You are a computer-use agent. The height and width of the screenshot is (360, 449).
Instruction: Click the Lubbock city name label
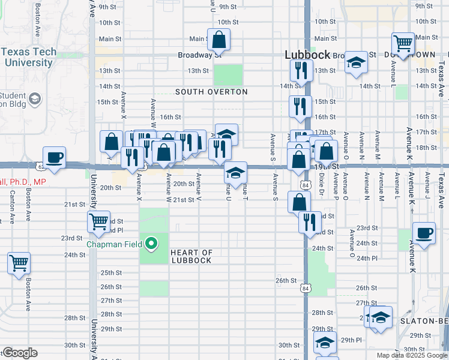pyautogui.click(x=307, y=55)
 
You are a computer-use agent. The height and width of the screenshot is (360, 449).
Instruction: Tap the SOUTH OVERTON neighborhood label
pyautogui.click(x=211, y=92)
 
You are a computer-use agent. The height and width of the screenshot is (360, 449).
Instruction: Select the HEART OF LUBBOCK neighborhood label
pyautogui.click(x=191, y=256)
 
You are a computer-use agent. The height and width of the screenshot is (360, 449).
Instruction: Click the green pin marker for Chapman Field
pyautogui.click(x=152, y=244)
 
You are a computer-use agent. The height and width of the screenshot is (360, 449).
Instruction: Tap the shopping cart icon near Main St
pyautogui.click(x=403, y=43)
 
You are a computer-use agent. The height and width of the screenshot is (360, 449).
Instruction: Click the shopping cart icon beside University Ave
pyautogui.click(x=98, y=221)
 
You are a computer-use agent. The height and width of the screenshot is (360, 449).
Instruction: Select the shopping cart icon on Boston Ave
pyautogui.click(x=19, y=262)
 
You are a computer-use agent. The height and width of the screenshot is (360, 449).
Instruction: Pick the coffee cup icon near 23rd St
pyautogui.click(x=424, y=233)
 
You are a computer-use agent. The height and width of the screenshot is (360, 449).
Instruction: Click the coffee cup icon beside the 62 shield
pyautogui.click(x=55, y=158)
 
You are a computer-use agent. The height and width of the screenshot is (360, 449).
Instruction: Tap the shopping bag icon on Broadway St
pyautogui.click(x=219, y=40)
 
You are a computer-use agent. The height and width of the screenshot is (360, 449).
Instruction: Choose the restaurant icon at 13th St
pyautogui.click(x=301, y=70)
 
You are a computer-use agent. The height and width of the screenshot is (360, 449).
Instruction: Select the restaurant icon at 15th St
pyautogui.click(x=300, y=106)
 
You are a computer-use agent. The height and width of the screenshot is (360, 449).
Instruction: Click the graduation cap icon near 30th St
pyautogui.click(x=325, y=342)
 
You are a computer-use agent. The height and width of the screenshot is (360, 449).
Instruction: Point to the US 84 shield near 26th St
pyautogui.click(x=306, y=289)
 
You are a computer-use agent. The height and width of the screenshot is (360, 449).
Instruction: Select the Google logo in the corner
pyautogui.click(x=20, y=353)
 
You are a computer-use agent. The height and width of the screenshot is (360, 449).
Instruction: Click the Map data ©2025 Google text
pyautogui.click(x=412, y=355)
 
